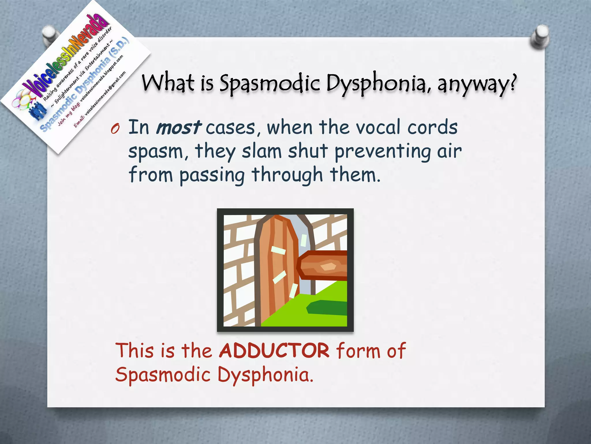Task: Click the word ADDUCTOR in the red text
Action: tap(274, 351)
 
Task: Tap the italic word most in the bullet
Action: tap(178, 127)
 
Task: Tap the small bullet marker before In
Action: tap(115, 129)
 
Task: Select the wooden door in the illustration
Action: tap(276, 269)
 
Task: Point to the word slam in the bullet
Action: tap(261, 151)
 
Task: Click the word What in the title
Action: tap(168, 83)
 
